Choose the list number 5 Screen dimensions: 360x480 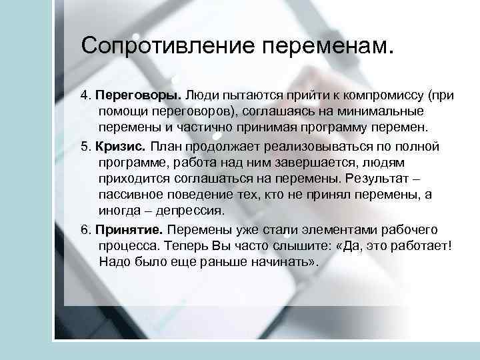click(85, 145)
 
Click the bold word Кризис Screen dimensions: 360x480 click(120, 145)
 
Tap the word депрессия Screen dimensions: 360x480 click(189, 211)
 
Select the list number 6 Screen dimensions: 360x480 click(85, 229)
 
